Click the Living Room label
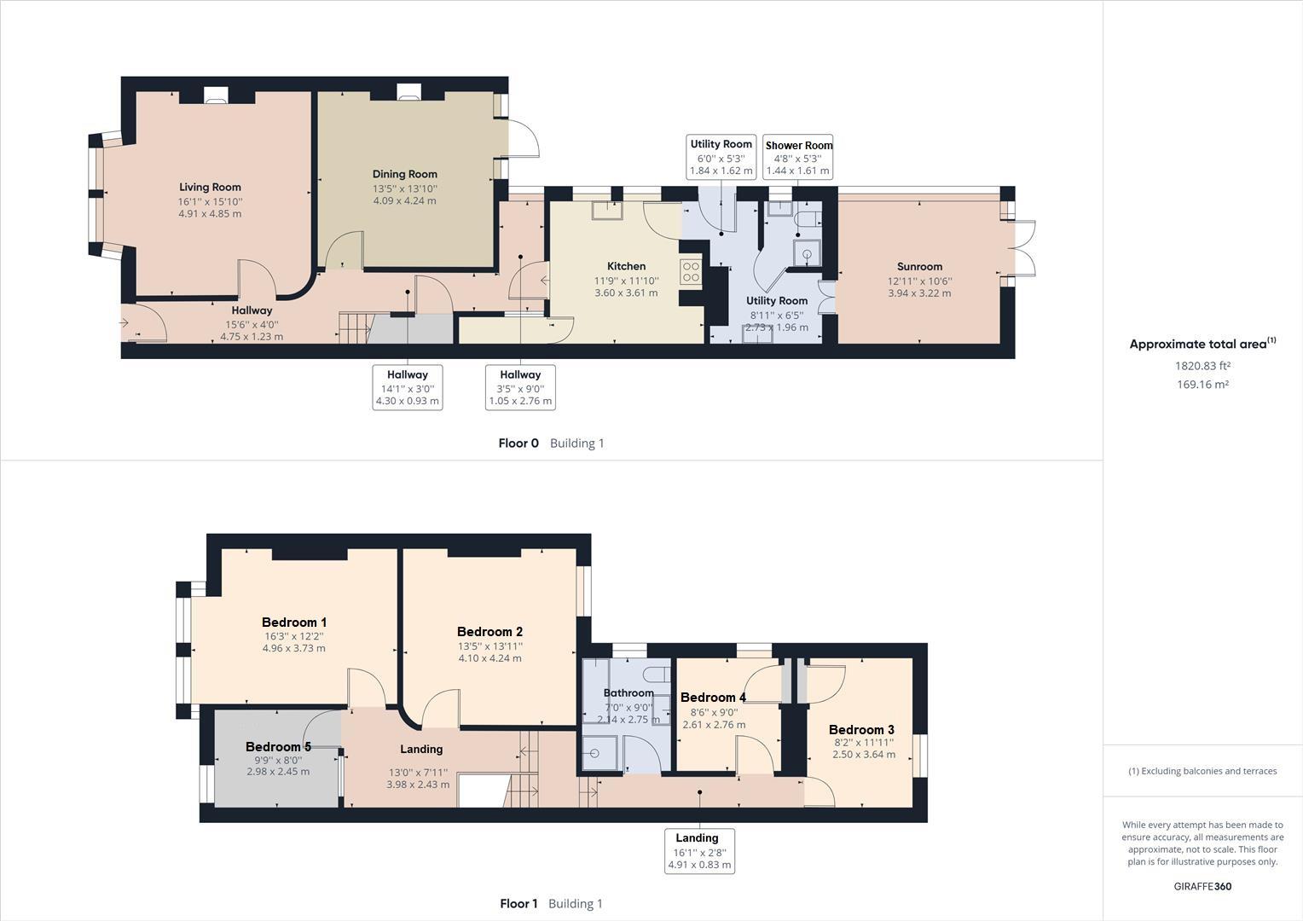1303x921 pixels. pyautogui.click(x=210, y=188)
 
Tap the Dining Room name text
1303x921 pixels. pyautogui.click(x=404, y=174)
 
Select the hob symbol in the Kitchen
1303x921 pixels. pyautogui.click(x=691, y=272)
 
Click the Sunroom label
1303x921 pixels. pyautogui.click(x=919, y=267)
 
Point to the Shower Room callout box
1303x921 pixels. pyautogui.click(x=798, y=158)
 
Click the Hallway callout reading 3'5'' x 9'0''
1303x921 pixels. pyautogui.click(x=520, y=387)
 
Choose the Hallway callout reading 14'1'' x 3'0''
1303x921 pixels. pyautogui.click(x=408, y=387)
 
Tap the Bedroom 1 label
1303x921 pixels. pyautogui.click(x=293, y=623)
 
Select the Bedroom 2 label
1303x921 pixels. pyautogui.click(x=489, y=632)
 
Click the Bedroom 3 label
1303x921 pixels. pyautogui.click(x=861, y=730)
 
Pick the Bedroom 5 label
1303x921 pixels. pyautogui.click(x=278, y=747)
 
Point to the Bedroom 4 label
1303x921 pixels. pyautogui.click(x=713, y=698)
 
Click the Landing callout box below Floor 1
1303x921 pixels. pyautogui.click(x=698, y=851)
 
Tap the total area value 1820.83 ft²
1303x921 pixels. pyautogui.click(x=1202, y=366)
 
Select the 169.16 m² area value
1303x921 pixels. pyautogui.click(x=1202, y=385)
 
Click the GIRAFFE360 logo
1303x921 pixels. pyautogui.click(x=1202, y=886)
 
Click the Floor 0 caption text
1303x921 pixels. pyautogui.click(x=518, y=443)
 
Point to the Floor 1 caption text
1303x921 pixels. pyautogui.click(x=518, y=904)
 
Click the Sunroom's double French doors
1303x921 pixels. pyautogui.click(x=1022, y=248)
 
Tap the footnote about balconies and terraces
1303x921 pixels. pyautogui.click(x=1202, y=771)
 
